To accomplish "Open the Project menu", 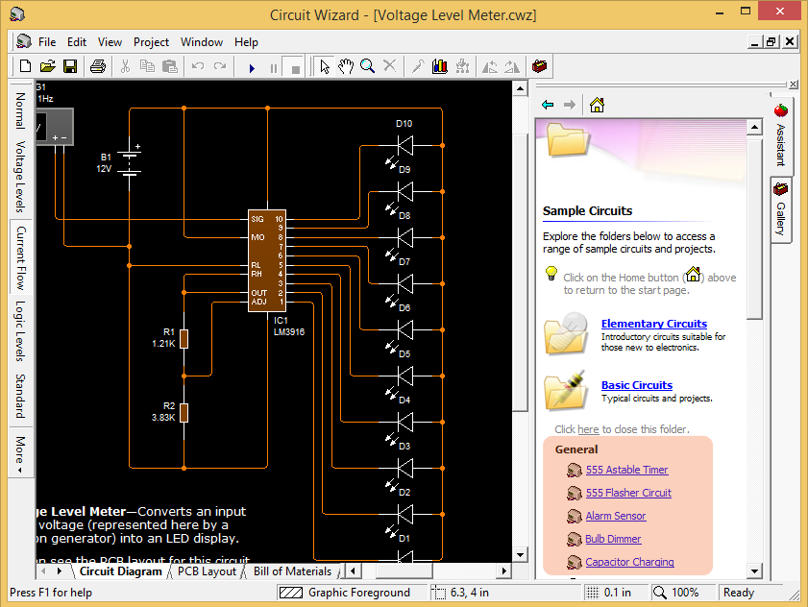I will [x=151, y=42].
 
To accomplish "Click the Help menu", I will [x=246, y=42].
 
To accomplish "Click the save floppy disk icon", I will [x=70, y=66].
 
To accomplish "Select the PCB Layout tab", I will [x=207, y=571].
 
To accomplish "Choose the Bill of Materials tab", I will [x=292, y=571].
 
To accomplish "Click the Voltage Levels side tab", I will [x=19, y=177].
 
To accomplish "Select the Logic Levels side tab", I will [x=19, y=330].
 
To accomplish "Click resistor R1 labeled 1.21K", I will [x=184, y=338].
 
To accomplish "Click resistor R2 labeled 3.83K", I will [x=184, y=412].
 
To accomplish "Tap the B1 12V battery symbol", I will [x=131, y=161].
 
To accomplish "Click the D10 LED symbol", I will [x=404, y=145].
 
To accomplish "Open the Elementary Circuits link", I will [x=653, y=324].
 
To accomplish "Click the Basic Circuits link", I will [x=636, y=385].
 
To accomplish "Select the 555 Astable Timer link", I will [x=626, y=470].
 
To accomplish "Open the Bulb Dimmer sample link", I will [x=613, y=539].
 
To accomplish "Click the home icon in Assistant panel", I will [x=597, y=105].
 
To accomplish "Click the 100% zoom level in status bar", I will [x=685, y=593].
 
